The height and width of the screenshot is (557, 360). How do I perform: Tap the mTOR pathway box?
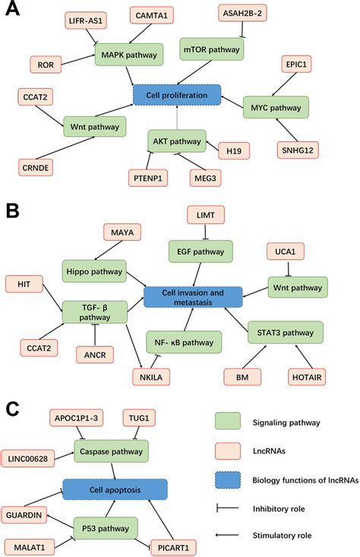(x=212, y=50)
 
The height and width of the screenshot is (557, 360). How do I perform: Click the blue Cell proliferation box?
(x=176, y=95)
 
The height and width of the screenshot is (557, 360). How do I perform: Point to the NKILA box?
(x=147, y=376)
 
